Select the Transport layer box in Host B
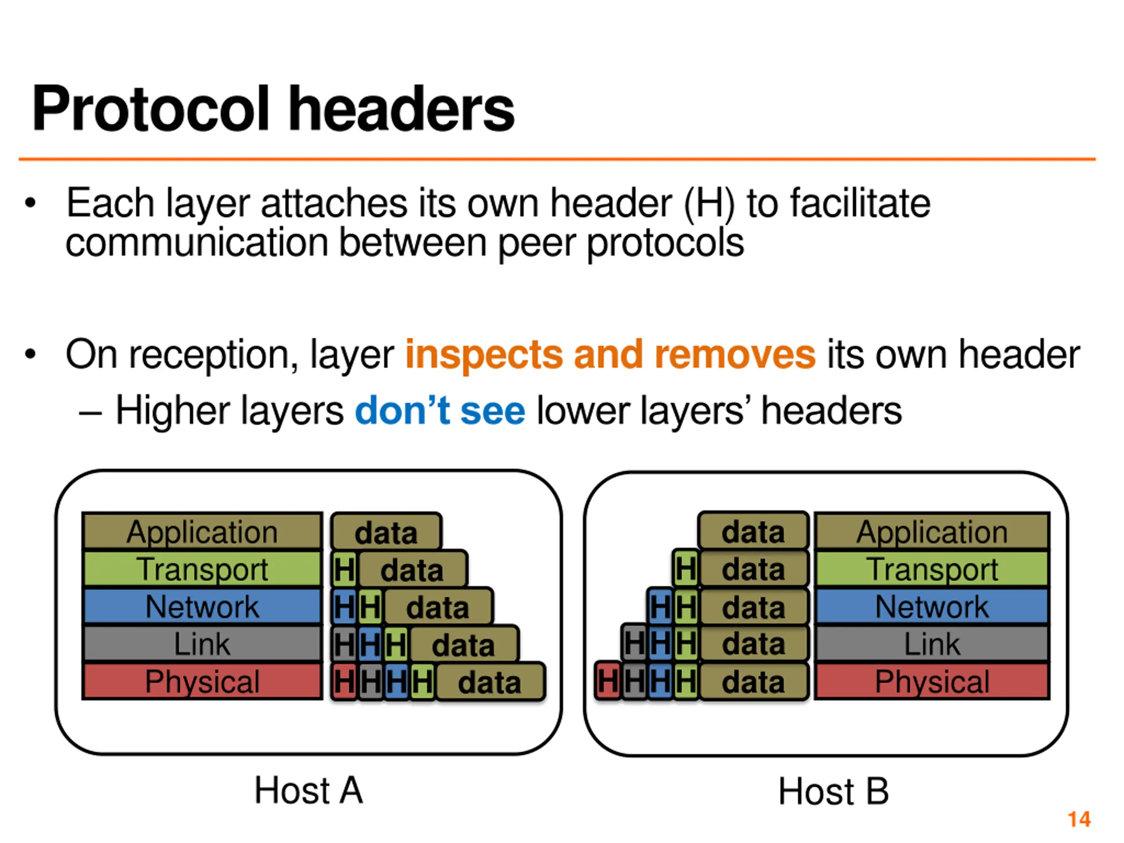tap(932, 569)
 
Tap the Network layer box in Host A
tap(202, 606)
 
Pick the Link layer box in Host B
tap(932, 644)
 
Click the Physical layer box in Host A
tap(202, 681)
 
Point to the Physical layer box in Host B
tap(932, 681)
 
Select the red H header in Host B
tap(608, 681)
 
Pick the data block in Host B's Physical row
tap(753, 682)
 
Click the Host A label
tap(308, 791)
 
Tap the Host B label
tap(833, 791)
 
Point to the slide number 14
tap(1079, 819)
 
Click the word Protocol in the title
tap(150, 109)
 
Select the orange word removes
tap(735, 354)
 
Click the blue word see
tap(492, 411)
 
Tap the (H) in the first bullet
tap(710, 204)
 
